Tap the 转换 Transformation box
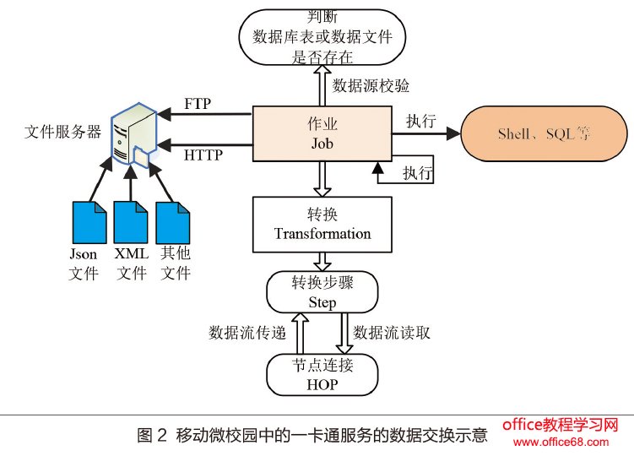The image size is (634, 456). point(322,225)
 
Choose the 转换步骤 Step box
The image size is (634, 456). point(322,291)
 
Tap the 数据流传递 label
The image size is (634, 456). point(247,333)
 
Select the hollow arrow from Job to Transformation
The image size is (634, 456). point(322,179)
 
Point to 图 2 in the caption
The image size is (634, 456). point(152,437)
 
